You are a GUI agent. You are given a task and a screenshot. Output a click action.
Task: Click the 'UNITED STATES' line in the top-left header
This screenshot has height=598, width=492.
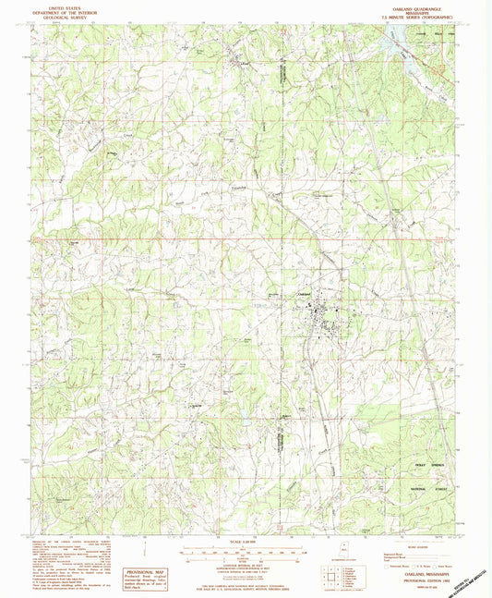click(55, 5)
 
